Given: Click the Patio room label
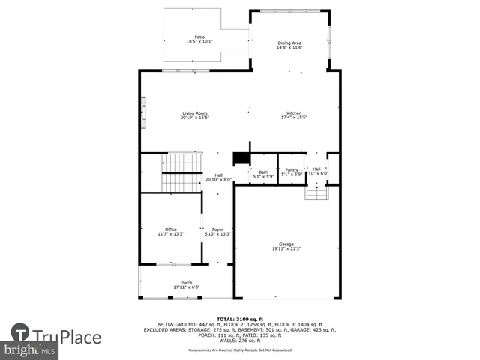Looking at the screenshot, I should point(199,37).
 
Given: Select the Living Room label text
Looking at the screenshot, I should point(194,113).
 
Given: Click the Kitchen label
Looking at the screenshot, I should point(294,113).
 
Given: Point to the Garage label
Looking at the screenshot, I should point(286,244).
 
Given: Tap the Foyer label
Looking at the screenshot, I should point(217,229).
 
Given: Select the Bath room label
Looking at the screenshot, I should point(263,172).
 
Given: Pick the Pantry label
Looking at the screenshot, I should point(292,170).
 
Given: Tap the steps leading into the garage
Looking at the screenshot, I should point(316,193).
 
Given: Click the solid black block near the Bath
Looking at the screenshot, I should point(241,158).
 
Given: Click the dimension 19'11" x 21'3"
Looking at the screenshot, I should point(286,249).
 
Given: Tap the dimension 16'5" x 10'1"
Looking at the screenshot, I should point(199,42).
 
